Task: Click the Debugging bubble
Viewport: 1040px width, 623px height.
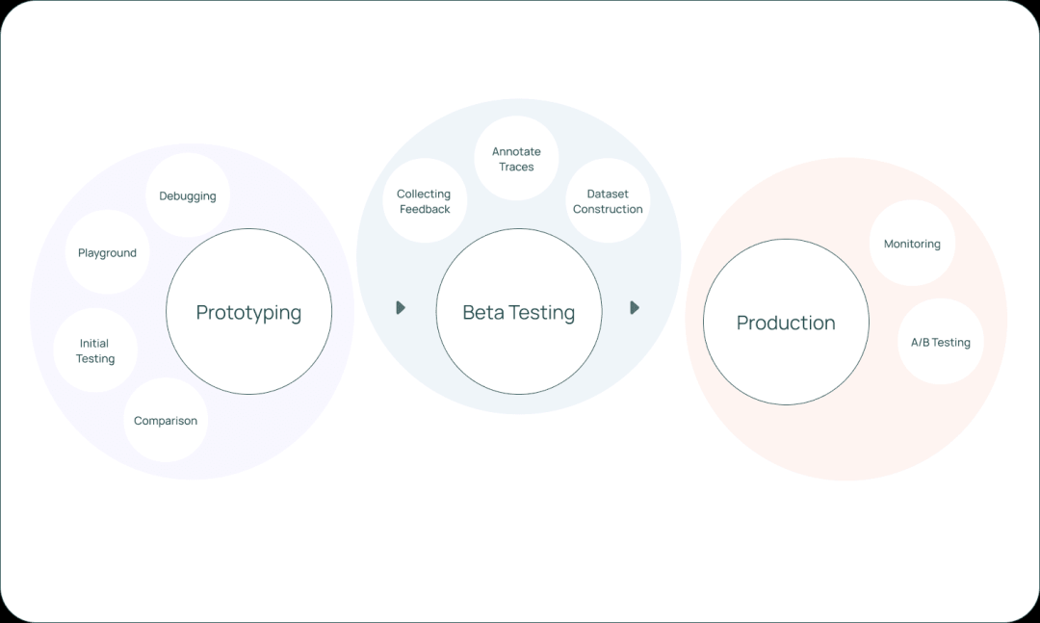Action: pyautogui.click(x=188, y=195)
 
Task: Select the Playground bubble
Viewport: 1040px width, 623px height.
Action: pyautogui.click(x=107, y=252)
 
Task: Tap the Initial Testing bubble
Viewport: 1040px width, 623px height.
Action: pyautogui.click(x=95, y=350)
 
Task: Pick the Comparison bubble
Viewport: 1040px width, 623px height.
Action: pyautogui.click(x=166, y=420)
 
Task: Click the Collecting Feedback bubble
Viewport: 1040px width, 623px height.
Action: pyautogui.click(x=424, y=201)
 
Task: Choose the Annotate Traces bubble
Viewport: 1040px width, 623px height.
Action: pyautogui.click(x=516, y=159)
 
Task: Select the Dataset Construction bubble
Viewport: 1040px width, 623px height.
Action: pyautogui.click(x=608, y=201)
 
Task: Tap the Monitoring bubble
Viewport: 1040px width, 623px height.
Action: pyautogui.click(x=912, y=244)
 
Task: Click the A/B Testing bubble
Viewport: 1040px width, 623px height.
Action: pyautogui.click(x=941, y=342)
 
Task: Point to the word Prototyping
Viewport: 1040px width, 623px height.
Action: pyautogui.click(x=248, y=312)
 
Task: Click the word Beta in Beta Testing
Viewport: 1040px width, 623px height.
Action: pyautogui.click(x=482, y=312)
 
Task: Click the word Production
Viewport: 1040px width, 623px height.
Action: pyautogui.click(x=786, y=323)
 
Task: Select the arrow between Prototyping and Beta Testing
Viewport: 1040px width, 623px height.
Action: pyautogui.click(x=401, y=308)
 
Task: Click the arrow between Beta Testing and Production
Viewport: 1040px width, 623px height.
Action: pyautogui.click(x=635, y=308)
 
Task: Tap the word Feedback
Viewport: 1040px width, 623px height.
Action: pyautogui.click(x=425, y=209)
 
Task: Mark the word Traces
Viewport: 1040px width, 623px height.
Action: pyautogui.click(x=516, y=167)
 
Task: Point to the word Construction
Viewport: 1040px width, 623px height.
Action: pyautogui.click(x=608, y=209)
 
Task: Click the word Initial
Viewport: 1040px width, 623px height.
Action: pyautogui.click(x=94, y=343)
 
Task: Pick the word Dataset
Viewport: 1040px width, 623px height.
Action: pyautogui.click(x=608, y=194)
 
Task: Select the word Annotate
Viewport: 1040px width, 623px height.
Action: pyautogui.click(x=516, y=151)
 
